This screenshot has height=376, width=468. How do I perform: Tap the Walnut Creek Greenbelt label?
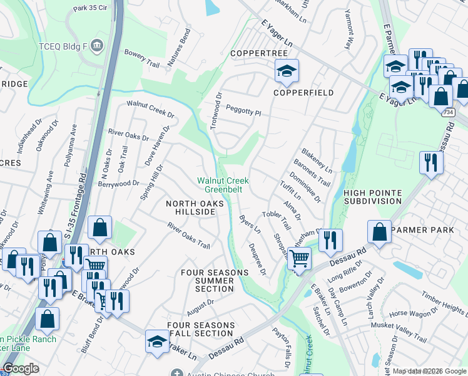coord(223,184)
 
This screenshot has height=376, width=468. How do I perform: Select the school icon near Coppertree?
coord(287,71)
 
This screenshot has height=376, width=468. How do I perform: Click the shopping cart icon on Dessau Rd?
coord(300,258)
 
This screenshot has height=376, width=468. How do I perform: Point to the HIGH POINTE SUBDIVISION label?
coord(372,197)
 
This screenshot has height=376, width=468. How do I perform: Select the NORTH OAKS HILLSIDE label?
coord(191,208)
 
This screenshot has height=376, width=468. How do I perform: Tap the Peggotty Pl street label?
coord(243,110)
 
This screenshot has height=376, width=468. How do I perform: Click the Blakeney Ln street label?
coord(316,161)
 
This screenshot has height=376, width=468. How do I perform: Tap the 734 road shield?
coord(449,111)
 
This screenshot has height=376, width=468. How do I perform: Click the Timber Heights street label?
coord(444,302)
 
